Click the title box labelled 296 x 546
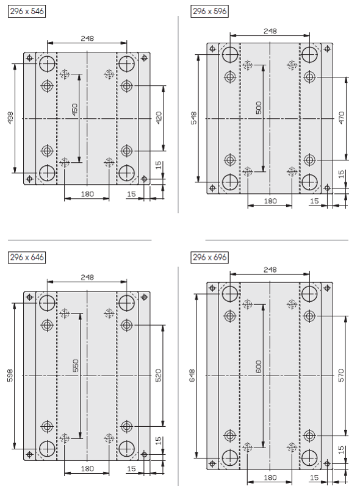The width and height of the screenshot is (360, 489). [x=27, y=11]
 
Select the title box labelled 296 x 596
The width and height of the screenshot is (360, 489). [x=210, y=11]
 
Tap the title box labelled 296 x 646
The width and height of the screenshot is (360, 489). [x=27, y=257]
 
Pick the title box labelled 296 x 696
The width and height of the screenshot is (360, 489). [x=210, y=257]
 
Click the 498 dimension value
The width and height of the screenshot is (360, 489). [x=10, y=118]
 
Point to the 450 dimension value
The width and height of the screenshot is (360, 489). [x=75, y=110]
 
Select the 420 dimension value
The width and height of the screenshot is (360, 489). [x=159, y=118]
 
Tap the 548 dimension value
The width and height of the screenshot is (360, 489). [x=193, y=118]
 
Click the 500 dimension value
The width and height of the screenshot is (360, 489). [x=259, y=108]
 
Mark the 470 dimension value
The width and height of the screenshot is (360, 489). [x=342, y=118]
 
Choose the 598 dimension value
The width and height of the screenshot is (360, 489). [x=10, y=376]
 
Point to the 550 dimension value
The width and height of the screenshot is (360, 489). [x=76, y=365]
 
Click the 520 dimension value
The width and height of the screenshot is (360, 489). [x=159, y=376]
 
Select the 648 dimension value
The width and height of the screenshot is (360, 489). [x=192, y=376]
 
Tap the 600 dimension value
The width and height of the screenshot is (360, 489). [x=259, y=367]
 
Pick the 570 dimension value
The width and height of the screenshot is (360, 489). [x=341, y=376]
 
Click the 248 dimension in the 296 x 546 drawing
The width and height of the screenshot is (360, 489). [x=87, y=38]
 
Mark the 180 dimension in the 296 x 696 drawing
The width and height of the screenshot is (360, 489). [x=270, y=477]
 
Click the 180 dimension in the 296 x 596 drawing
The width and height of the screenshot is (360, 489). [x=270, y=201]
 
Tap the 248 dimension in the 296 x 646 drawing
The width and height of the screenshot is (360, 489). [x=87, y=277]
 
